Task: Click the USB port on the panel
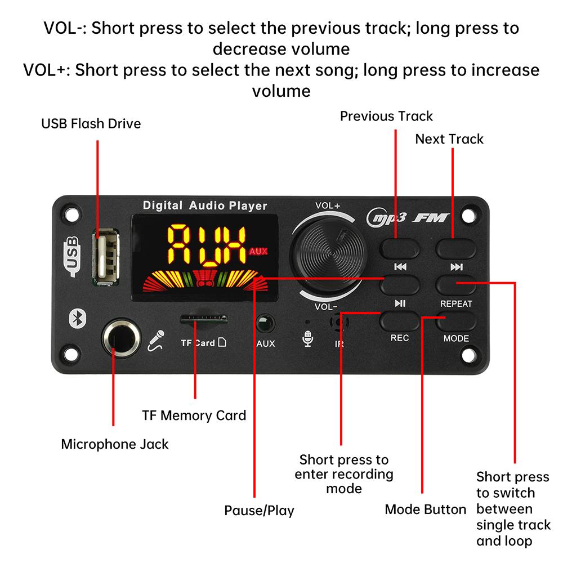(106, 257)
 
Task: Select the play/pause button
(400, 285)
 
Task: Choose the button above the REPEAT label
(456, 285)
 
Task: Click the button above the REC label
(400, 321)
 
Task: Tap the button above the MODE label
(456, 321)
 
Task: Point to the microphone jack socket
(122, 338)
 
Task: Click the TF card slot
(204, 319)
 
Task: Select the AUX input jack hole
(265, 324)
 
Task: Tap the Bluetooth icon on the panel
(78, 318)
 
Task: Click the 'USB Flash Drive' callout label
(91, 123)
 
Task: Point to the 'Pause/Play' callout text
(259, 510)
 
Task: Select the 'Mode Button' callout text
(426, 509)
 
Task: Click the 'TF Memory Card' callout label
(194, 415)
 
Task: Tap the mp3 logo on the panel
(387, 217)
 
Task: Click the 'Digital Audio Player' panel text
(205, 205)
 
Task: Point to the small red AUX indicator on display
(258, 251)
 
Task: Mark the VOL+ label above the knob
(328, 205)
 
